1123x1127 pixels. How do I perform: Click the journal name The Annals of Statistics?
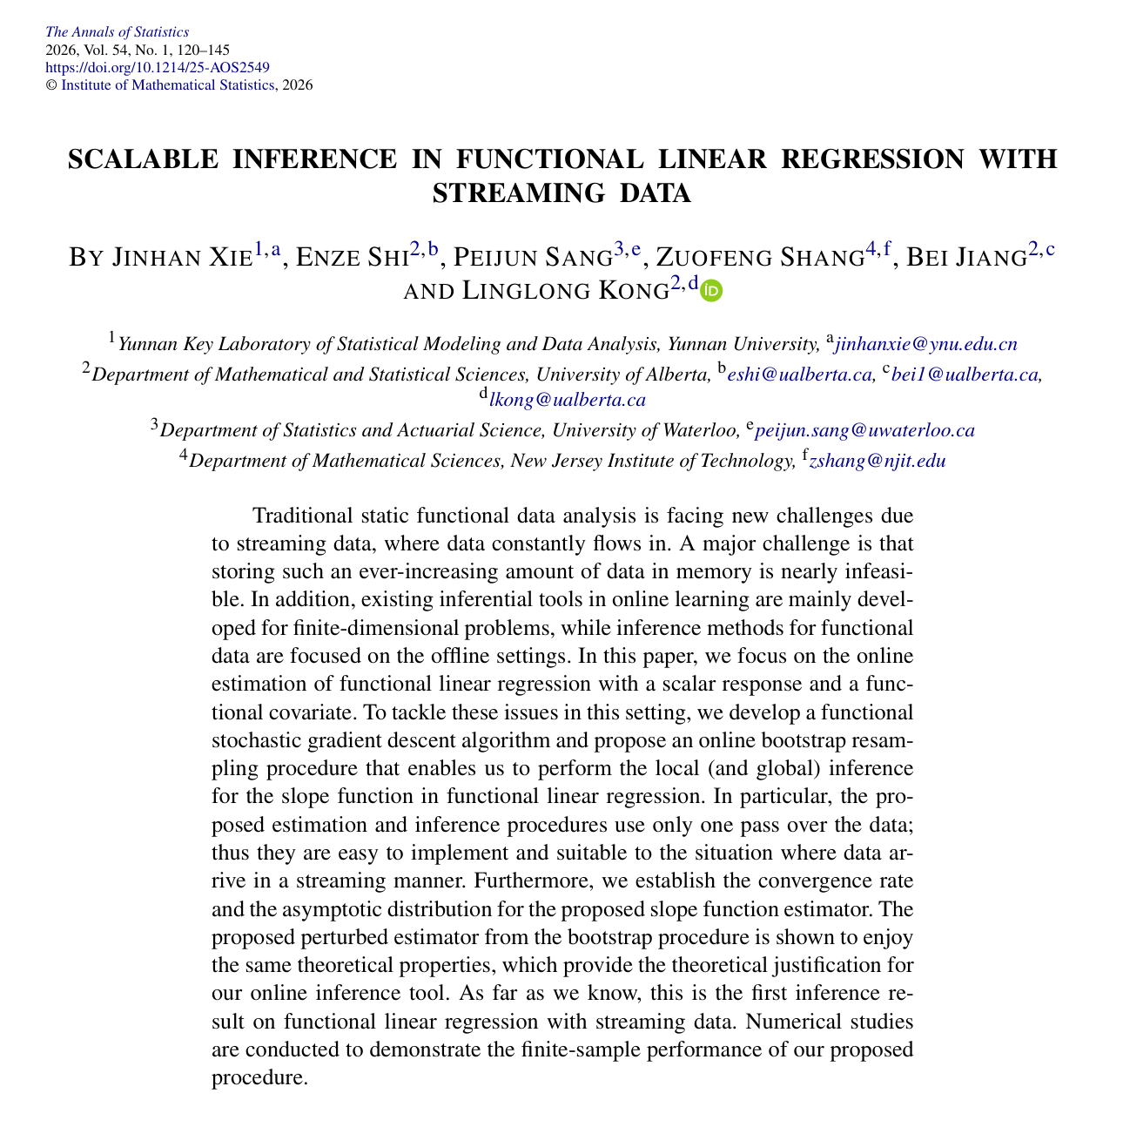(x=116, y=33)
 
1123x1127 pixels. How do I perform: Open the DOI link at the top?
(x=156, y=68)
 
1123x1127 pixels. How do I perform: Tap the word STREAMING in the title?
(x=506, y=192)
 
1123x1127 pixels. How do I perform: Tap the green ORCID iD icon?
(x=712, y=291)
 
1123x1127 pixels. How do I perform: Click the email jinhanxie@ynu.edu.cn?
(x=925, y=345)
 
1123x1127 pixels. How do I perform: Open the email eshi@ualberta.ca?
(x=800, y=375)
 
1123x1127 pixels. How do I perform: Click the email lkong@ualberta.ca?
(x=568, y=401)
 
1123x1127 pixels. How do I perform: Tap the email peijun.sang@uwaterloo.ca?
(x=864, y=431)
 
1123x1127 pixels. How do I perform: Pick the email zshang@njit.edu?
(x=878, y=462)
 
